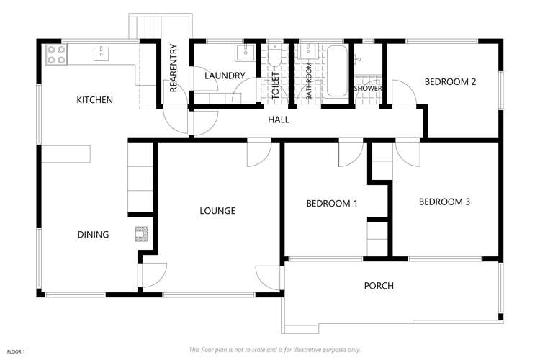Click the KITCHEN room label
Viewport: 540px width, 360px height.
point(94,100)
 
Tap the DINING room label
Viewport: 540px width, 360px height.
point(93,235)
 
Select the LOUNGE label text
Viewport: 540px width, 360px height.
point(217,211)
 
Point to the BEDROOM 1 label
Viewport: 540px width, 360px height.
point(332,204)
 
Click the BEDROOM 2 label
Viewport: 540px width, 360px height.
point(450,82)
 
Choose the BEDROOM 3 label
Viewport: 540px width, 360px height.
point(444,202)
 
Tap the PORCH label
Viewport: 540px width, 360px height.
point(379,286)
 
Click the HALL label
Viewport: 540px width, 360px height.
point(279,120)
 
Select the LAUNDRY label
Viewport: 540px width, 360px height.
point(225,76)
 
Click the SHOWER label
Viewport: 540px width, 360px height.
point(368,89)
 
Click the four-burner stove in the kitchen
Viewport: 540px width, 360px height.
point(56,54)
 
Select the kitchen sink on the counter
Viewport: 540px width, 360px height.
point(102,53)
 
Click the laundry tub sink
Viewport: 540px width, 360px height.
point(244,52)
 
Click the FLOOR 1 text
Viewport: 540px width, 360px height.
point(16,351)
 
